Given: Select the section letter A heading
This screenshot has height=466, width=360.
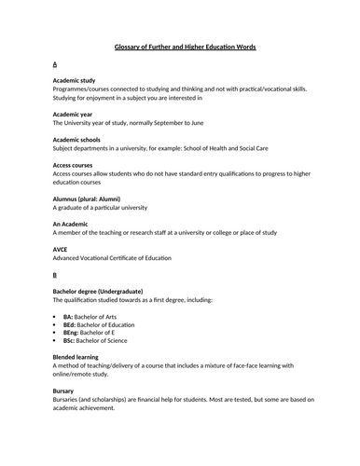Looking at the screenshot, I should point(56,64).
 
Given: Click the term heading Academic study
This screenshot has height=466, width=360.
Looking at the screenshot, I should point(80,81).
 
